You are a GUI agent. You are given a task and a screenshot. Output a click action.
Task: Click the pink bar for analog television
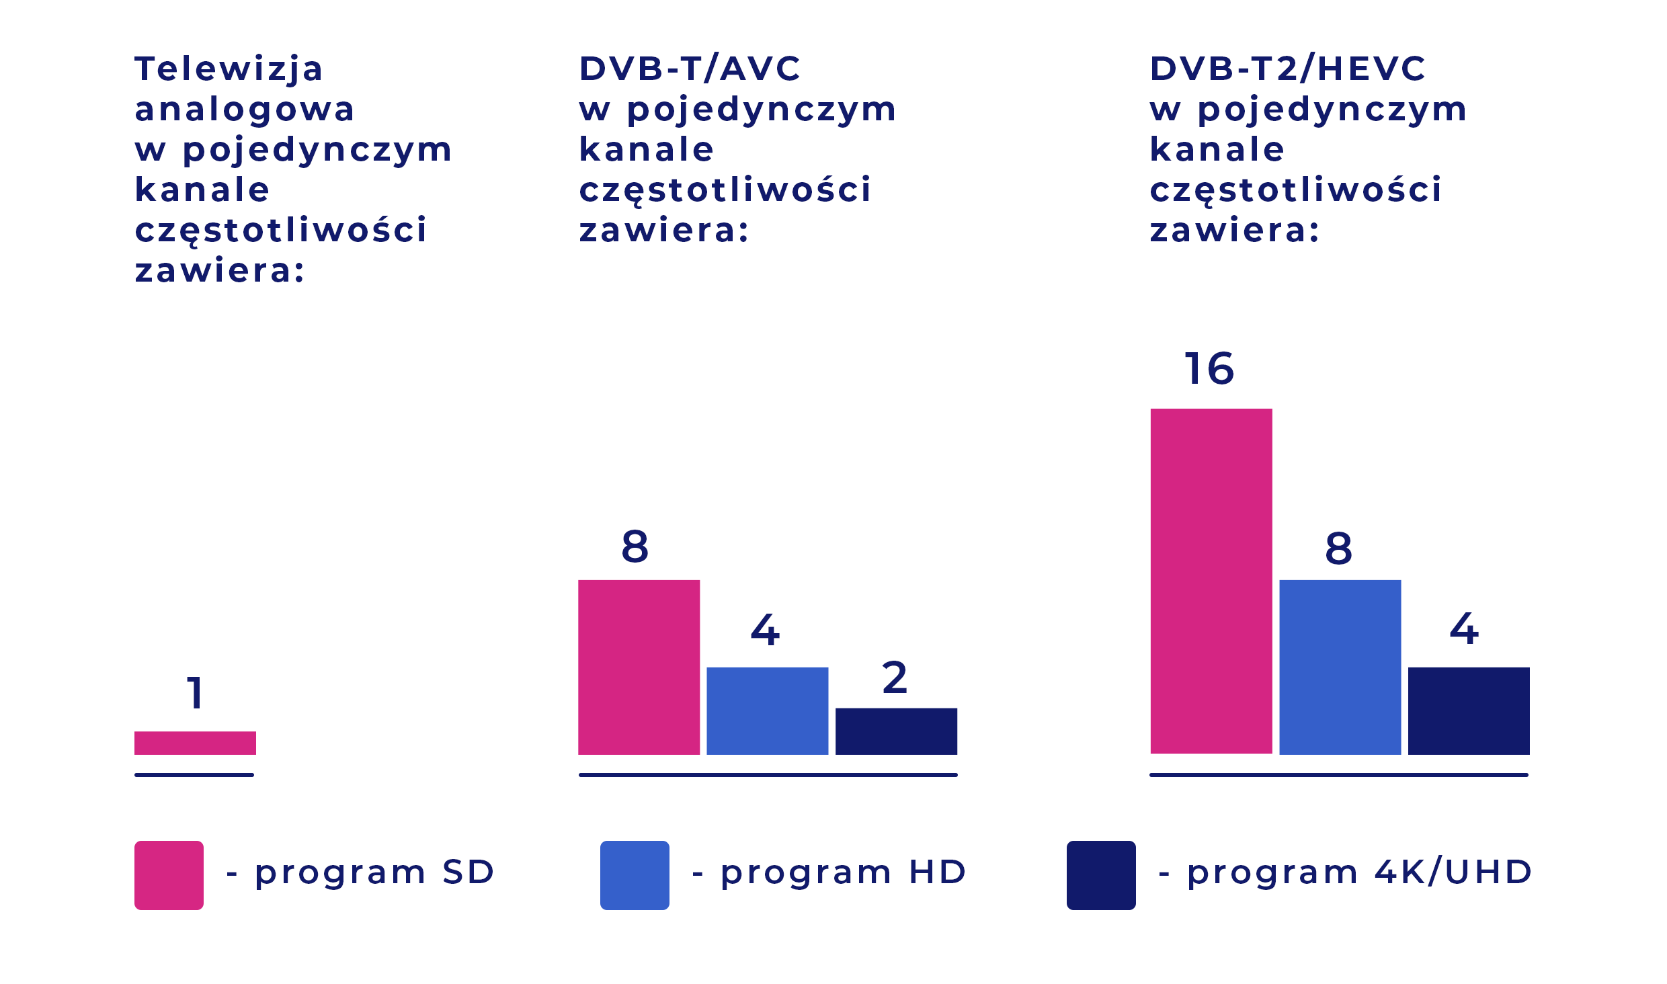pos(195,743)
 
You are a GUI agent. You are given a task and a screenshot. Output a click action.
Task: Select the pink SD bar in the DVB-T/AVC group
pos(639,667)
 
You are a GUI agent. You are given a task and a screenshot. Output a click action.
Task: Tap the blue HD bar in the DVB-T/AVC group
pos(767,710)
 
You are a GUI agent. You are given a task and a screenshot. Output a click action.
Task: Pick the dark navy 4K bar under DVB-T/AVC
pos(896,731)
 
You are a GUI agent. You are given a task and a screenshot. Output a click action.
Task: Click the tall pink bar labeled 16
pos(1211,581)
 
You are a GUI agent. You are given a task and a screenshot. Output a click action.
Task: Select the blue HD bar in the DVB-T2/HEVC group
pos(1340,667)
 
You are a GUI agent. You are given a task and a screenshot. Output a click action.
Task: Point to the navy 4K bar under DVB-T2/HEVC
pos(1469,710)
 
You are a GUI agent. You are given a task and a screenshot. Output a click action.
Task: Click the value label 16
pos(1209,369)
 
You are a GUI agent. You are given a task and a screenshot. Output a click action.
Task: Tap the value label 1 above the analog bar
pos(195,694)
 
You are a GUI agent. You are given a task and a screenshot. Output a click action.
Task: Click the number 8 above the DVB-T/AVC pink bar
pos(635,546)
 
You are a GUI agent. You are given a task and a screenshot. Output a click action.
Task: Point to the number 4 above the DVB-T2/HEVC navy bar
pos(1464,629)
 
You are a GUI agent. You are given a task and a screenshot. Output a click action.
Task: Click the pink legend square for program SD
pos(169,875)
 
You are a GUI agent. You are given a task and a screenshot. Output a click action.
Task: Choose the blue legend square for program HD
pos(635,875)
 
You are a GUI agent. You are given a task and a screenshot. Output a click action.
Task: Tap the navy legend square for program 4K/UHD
pos(1101,875)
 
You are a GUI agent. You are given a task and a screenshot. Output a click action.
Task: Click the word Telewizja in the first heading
pos(229,69)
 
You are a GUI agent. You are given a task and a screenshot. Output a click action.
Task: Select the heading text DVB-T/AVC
pos(690,69)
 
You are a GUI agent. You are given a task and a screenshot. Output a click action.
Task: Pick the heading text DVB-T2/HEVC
pos(1287,69)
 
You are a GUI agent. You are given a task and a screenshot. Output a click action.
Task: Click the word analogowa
pos(245,110)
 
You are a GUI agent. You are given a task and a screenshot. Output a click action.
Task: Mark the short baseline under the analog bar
pos(194,775)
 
